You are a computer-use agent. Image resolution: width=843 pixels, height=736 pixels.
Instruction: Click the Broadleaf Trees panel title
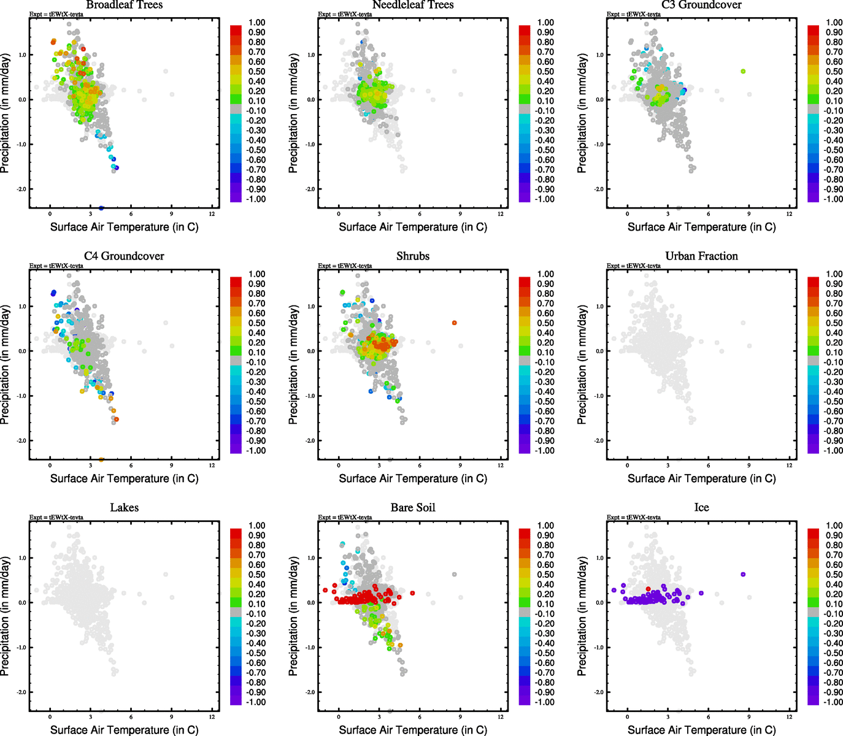coord(125,5)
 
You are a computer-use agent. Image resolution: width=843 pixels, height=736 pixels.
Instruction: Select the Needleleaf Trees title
coord(413,5)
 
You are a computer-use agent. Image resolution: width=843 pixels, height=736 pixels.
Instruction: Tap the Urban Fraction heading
coord(701,256)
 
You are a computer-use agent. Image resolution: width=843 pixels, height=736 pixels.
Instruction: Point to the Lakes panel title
coord(125,508)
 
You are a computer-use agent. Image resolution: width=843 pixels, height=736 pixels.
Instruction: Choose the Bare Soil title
coord(413,508)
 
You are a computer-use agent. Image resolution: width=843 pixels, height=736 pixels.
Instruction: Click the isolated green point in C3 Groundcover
coord(743,72)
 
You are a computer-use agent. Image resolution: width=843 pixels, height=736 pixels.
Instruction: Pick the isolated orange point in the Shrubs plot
coord(455,323)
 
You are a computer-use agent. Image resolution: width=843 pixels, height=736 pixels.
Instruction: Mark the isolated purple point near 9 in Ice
coord(743,575)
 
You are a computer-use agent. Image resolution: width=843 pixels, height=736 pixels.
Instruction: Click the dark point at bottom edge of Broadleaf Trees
coord(101,209)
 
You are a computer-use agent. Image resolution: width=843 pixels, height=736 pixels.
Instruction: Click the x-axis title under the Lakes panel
coord(125,730)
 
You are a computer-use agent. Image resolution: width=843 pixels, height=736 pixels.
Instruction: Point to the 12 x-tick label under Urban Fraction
coord(790,466)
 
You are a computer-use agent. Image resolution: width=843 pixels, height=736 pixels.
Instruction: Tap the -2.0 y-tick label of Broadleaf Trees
coord(21,190)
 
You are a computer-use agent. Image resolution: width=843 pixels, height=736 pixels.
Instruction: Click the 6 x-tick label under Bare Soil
coord(420,717)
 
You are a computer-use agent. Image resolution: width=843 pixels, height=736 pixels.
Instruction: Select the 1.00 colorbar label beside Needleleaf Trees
coord(545,23)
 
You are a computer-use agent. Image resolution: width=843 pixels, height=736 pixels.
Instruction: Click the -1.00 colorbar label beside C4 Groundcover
coord(256,451)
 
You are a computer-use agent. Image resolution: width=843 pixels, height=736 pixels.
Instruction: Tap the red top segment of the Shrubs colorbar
coord(525,282)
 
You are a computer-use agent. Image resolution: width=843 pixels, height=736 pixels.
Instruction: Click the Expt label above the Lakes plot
coord(56,518)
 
